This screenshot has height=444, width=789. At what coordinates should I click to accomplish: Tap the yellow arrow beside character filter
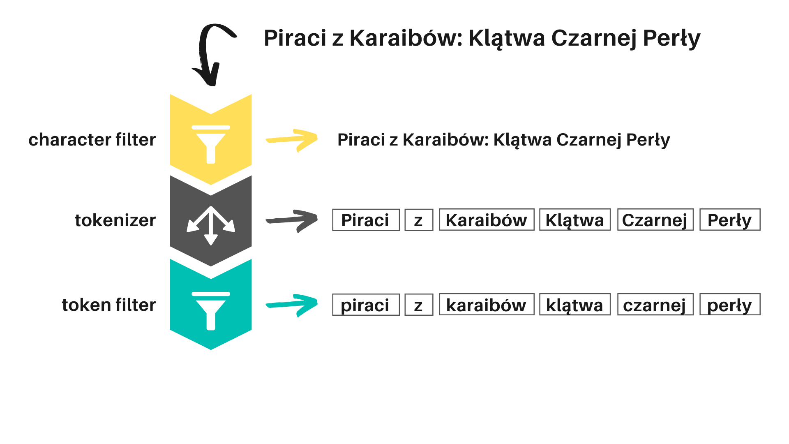[293, 140]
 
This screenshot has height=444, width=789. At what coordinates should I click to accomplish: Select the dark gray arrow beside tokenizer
[293, 220]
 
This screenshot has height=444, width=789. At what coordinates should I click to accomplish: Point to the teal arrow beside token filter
[293, 305]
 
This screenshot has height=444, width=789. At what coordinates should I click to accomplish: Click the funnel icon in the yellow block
[211, 144]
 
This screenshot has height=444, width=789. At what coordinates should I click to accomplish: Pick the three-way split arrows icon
[211, 225]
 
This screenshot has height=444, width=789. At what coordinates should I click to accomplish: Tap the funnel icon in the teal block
[211, 310]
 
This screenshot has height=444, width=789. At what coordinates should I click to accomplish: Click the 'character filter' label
[92, 140]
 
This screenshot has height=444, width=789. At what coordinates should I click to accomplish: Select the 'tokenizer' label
[115, 220]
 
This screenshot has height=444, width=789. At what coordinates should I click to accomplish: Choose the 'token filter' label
[109, 305]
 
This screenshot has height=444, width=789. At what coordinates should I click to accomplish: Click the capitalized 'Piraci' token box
[366, 220]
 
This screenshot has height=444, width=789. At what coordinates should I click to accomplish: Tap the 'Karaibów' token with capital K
[487, 220]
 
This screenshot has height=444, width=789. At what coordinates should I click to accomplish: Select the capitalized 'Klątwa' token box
[574, 220]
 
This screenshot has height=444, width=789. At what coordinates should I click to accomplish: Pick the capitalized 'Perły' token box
[730, 220]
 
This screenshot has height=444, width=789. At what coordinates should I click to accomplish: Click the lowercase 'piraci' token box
[366, 305]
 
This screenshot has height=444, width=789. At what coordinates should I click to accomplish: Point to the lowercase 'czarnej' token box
[655, 305]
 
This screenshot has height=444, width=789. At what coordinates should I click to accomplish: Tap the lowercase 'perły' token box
[730, 305]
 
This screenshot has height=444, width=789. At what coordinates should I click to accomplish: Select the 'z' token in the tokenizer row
[419, 220]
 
